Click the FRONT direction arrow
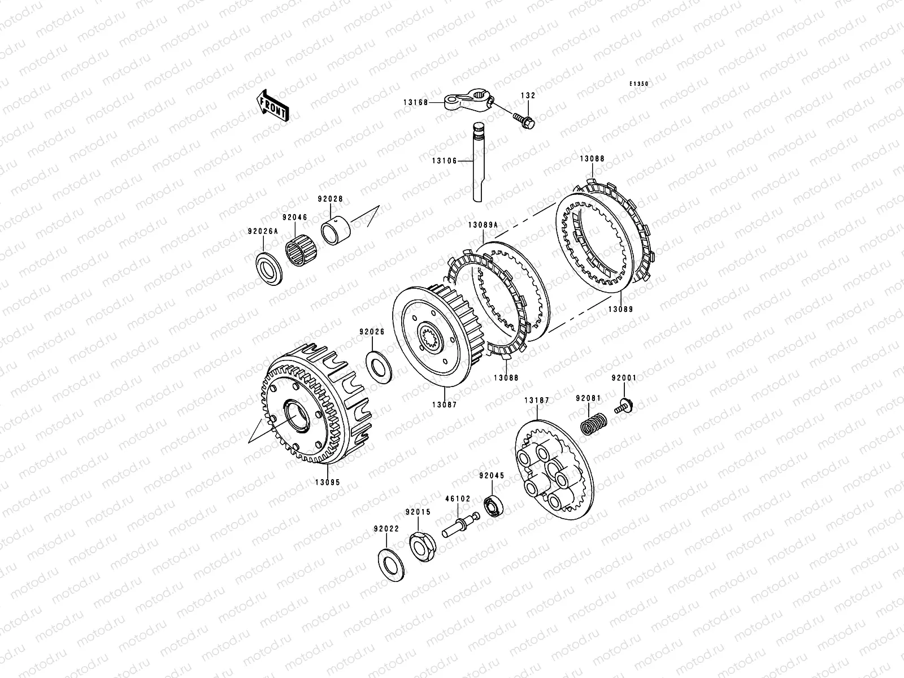tap(272, 106)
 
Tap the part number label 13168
tap(415, 102)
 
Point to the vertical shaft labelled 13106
tap(478, 162)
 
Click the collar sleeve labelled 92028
tap(335, 231)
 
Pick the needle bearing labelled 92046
tap(301, 248)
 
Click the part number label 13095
tap(328, 483)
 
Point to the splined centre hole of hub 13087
tap(431, 336)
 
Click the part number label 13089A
tap(483, 225)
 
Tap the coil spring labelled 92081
tap(593, 424)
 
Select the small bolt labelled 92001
tap(624, 406)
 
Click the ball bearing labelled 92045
tap(493, 506)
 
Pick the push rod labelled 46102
tap(461, 525)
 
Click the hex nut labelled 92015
tap(423, 548)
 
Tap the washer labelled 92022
tap(391, 565)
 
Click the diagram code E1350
tap(639, 84)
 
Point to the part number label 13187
tap(537, 400)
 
